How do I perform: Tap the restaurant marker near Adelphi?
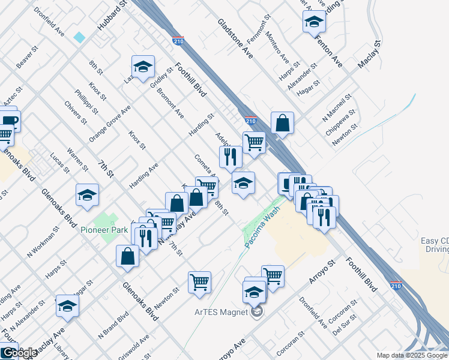[x=229, y=157]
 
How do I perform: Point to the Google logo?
[x=19, y=353]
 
